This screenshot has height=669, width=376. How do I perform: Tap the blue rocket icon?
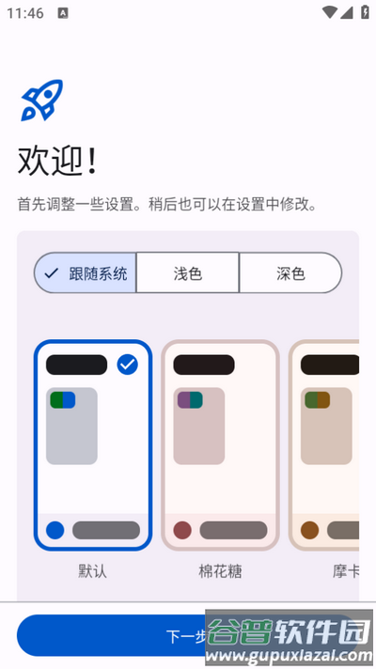[41, 100]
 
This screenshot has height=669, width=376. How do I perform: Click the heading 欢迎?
[56, 162]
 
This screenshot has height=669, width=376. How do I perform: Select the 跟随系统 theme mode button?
[86, 273]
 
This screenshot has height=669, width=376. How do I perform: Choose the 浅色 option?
[187, 273]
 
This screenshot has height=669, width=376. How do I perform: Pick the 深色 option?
[290, 273]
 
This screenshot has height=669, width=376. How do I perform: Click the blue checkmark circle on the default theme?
[128, 365]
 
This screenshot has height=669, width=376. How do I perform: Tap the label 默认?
[93, 570]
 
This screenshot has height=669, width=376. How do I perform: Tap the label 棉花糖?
[220, 570]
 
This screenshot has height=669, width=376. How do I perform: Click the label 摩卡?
[345, 570]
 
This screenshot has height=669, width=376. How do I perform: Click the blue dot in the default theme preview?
[55, 530]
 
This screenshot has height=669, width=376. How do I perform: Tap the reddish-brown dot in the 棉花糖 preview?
[182, 530]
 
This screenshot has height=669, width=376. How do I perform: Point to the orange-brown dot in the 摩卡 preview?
[309, 530]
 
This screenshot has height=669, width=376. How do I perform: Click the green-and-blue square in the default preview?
[62, 399]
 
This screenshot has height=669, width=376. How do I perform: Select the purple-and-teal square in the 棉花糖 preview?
[189, 399]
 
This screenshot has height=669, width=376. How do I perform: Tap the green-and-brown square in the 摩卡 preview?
[317, 399]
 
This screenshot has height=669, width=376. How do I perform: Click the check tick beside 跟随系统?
[52, 273]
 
